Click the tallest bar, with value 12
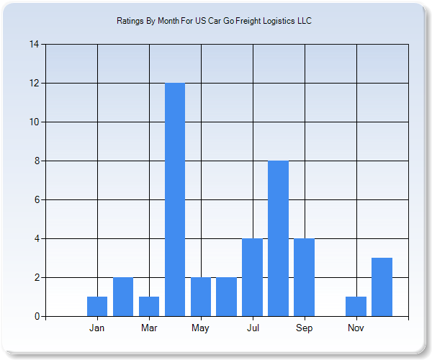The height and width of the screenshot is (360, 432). click(175, 199)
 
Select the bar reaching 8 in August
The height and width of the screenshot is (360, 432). click(278, 238)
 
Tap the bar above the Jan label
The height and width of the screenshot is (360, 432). click(97, 306)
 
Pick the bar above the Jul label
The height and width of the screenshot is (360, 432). click(252, 277)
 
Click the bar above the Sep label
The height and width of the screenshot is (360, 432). click(304, 277)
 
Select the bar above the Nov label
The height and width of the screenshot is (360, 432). click(356, 306)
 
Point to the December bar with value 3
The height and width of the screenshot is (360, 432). click(382, 287)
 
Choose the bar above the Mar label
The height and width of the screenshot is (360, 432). click(149, 306)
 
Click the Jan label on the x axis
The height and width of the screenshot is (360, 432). click(97, 328)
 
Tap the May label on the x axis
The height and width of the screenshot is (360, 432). click(200, 328)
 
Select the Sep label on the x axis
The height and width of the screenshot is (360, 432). click(304, 328)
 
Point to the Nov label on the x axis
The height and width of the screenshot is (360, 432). click(356, 328)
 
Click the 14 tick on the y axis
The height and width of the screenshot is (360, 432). click(34, 44)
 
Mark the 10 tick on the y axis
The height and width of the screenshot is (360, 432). click(34, 122)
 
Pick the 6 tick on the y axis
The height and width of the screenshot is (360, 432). click(36, 199)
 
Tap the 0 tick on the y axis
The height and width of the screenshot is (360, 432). click(36, 316)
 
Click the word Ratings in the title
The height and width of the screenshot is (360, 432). click(130, 21)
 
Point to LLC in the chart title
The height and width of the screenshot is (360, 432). click(305, 21)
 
